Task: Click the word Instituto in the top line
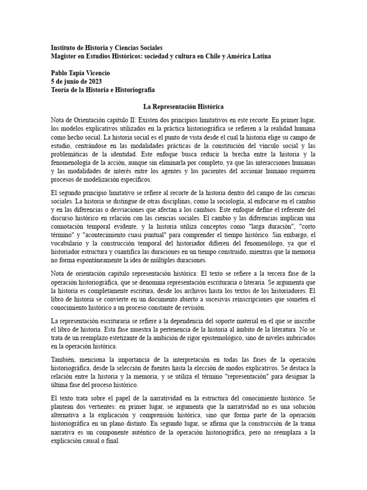pos(65,48)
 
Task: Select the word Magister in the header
pos(65,56)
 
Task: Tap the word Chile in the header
pos(212,56)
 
